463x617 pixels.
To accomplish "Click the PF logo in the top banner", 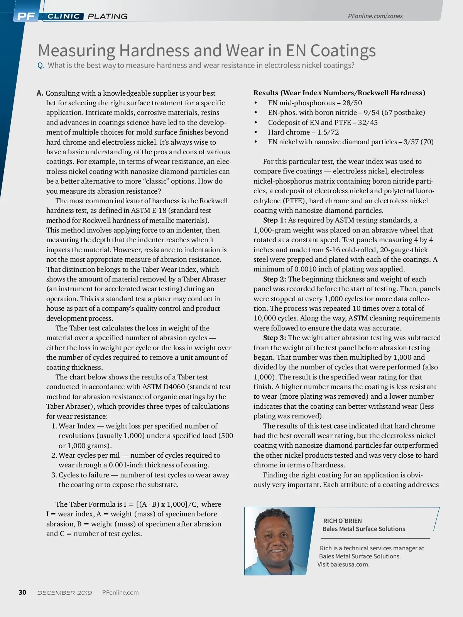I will pyautogui.click(x=26, y=16).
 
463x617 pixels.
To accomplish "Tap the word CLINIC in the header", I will pyautogui.click(x=64, y=16).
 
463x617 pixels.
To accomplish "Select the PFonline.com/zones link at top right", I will pyautogui.click(x=375, y=16).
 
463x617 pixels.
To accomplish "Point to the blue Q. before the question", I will pyautogui.click(x=41, y=66).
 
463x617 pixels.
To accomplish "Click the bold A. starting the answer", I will pyautogui.click(x=40, y=93).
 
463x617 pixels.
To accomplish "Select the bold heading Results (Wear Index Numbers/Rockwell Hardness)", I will pyautogui.click(x=339, y=93).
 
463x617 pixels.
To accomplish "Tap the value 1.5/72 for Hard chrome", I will pyautogui.click(x=328, y=132).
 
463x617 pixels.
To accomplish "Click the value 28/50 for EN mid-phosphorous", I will pyautogui.click(x=352, y=103).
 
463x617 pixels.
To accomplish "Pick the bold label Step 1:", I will pyautogui.click(x=274, y=220).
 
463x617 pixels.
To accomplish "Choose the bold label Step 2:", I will pyautogui.click(x=274, y=279).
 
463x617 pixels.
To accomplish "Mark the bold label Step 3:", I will pyautogui.click(x=274, y=338).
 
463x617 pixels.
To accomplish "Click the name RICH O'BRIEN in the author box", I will pyautogui.click(x=342, y=521).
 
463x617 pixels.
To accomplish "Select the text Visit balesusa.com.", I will pyautogui.click(x=343, y=565).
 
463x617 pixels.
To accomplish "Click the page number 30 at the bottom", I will pyautogui.click(x=22, y=592).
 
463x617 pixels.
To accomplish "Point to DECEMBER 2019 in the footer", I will pyautogui.click(x=64, y=593).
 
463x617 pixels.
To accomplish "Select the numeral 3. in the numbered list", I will pyautogui.click(x=54, y=475).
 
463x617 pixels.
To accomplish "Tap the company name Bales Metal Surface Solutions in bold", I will pyautogui.click(x=364, y=529).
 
